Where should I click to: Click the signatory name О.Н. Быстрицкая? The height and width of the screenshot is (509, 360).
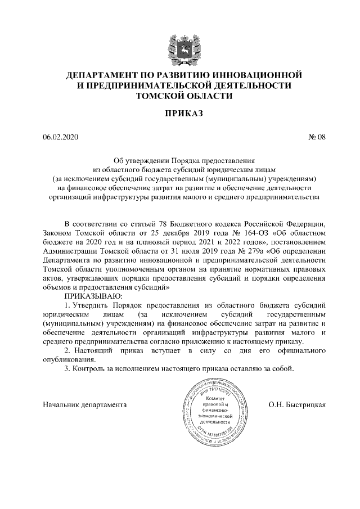click(x=298, y=404)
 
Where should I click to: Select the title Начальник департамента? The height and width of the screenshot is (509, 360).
click(x=84, y=404)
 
